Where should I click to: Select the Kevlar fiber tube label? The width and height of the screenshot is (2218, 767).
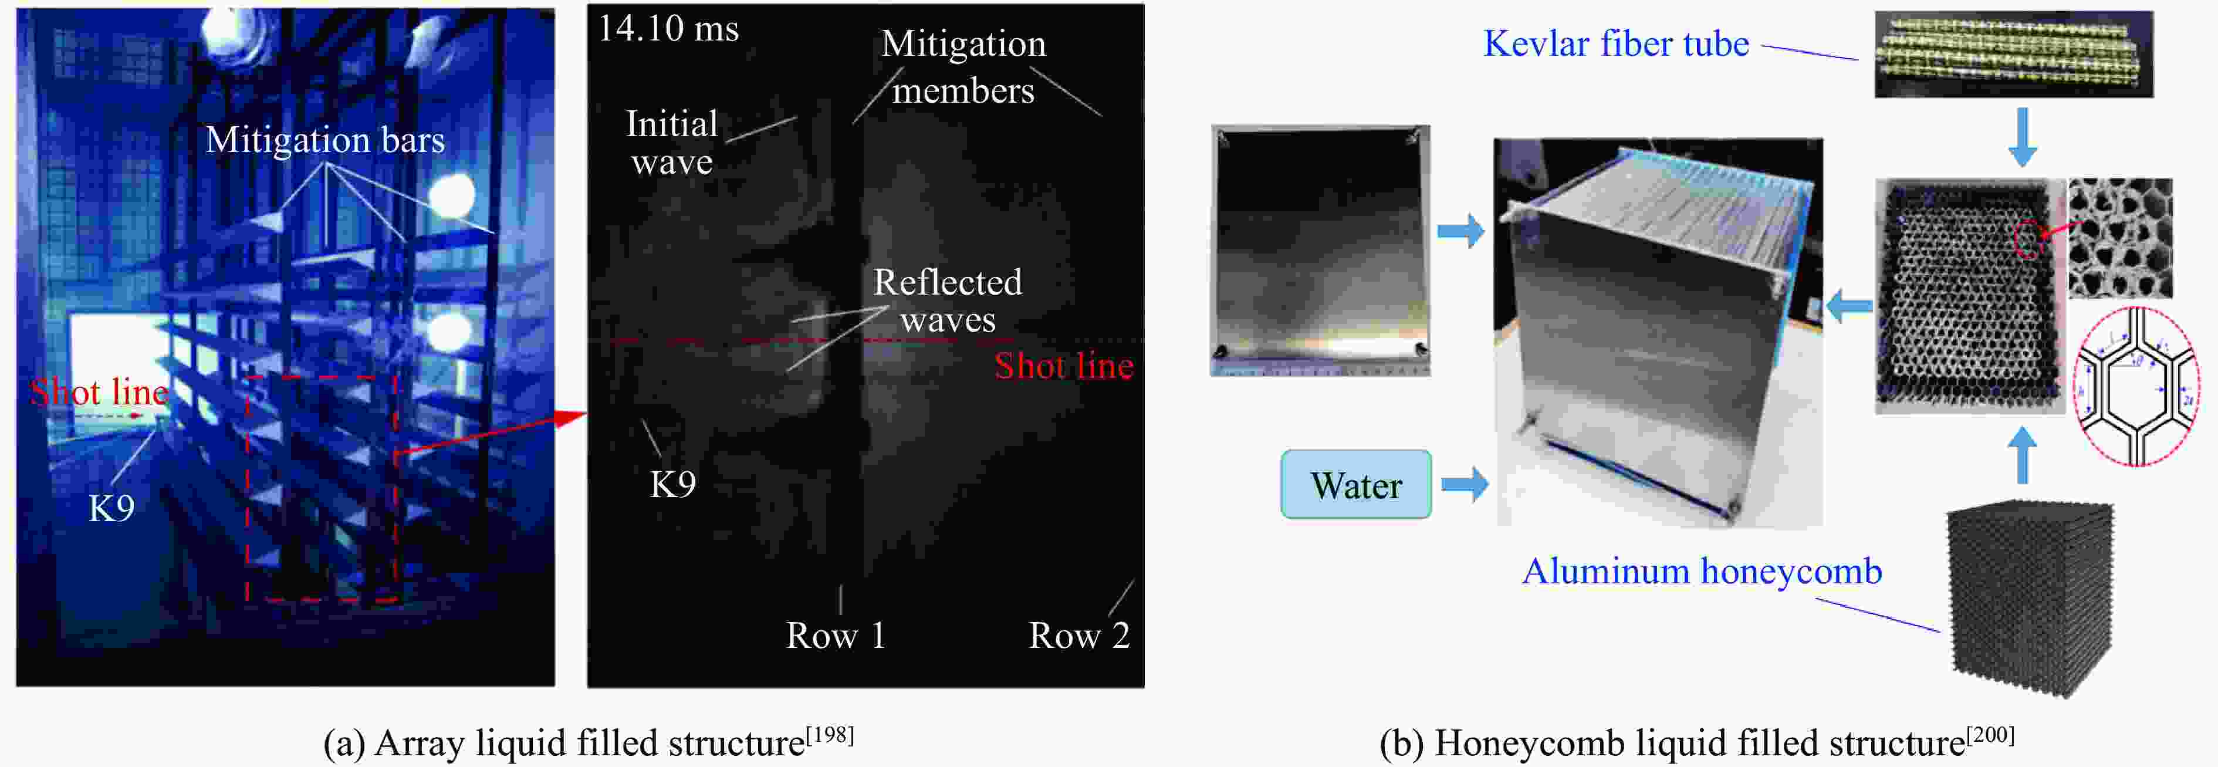(x=1616, y=43)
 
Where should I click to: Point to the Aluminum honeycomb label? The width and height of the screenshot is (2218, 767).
(x=1702, y=571)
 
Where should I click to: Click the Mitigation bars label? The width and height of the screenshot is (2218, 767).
(x=326, y=140)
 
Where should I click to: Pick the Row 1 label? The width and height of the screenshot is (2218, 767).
(x=835, y=636)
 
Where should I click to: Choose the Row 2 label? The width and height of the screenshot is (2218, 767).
(x=1079, y=636)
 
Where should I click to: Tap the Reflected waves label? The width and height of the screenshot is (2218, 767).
(x=948, y=300)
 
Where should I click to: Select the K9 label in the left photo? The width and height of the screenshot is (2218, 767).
(x=112, y=508)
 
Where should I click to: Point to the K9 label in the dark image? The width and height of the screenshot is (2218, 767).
(x=672, y=484)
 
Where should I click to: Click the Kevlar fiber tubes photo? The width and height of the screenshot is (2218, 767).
(x=2014, y=53)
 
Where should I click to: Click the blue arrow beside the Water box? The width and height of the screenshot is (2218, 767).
(x=1465, y=484)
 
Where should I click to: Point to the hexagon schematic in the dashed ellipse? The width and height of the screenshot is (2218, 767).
(x=2137, y=386)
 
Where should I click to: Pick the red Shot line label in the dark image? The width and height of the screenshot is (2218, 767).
(x=1064, y=366)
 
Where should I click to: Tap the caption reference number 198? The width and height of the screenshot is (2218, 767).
(x=829, y=734)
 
